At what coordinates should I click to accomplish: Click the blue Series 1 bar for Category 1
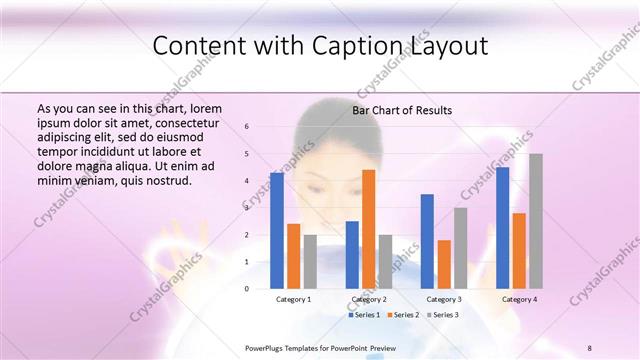276,230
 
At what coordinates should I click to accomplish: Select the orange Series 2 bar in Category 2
368,229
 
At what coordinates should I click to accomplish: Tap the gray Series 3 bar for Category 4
536,221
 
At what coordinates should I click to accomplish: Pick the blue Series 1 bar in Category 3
427,241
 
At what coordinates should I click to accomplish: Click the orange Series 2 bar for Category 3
444,264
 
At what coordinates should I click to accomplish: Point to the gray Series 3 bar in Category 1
310,261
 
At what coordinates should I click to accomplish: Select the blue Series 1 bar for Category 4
502,227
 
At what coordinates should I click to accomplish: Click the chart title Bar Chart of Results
402,110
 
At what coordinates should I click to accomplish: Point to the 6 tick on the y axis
247,127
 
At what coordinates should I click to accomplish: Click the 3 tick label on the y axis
247,208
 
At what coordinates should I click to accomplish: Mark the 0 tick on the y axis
247,289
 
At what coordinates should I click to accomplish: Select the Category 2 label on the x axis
368,299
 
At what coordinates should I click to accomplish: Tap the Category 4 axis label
519,299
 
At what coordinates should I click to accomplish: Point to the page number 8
590,347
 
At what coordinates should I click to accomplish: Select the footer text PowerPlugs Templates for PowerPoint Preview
320,347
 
